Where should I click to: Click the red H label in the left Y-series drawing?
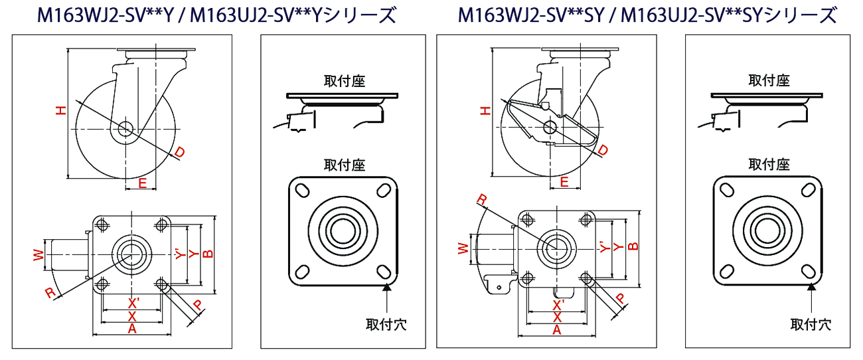[x=60, y=112]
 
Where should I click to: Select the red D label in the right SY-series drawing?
[x=603, y=152]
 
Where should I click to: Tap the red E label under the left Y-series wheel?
[x=142, y=183]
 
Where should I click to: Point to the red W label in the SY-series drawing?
[x=463, y=248]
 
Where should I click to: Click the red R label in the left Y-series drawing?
[x=49, y=293]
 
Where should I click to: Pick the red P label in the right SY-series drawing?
[x=621, y=299]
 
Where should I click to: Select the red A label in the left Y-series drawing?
[x=131, y=328]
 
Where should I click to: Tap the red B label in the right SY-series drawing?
[x=633, y=246]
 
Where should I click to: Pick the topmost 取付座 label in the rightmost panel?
[x=769, y=80]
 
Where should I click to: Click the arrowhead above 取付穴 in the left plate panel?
[x=386, y=287]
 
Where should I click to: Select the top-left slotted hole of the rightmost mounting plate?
[x=727, y=191]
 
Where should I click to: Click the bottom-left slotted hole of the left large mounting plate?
[x=303, y=271]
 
